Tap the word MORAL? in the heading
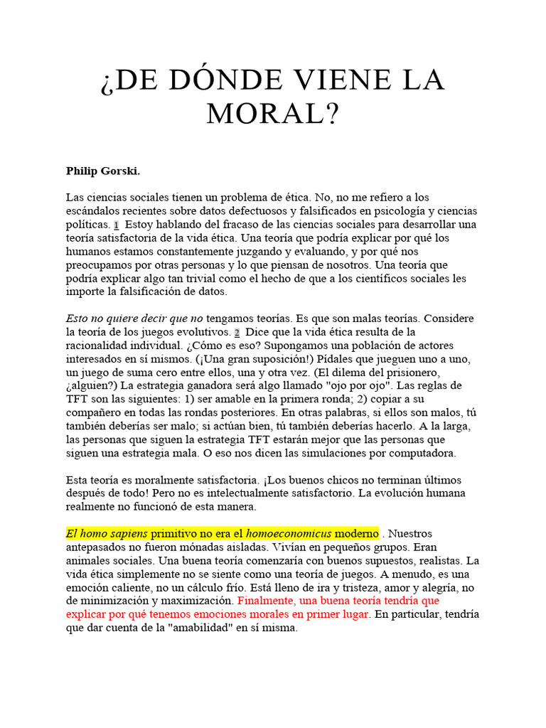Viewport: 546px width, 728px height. tap(272, 113)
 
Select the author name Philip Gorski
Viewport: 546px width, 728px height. tap(103, 171)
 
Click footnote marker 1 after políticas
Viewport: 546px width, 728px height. tap(116, 224)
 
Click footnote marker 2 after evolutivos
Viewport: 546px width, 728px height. tap(237, 331)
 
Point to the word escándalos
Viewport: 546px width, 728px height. tap(92, 210)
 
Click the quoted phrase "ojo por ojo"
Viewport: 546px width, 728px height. tap(365, 385)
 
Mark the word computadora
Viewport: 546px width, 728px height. tap(424, 452)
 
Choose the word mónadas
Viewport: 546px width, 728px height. tap(208, 546)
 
